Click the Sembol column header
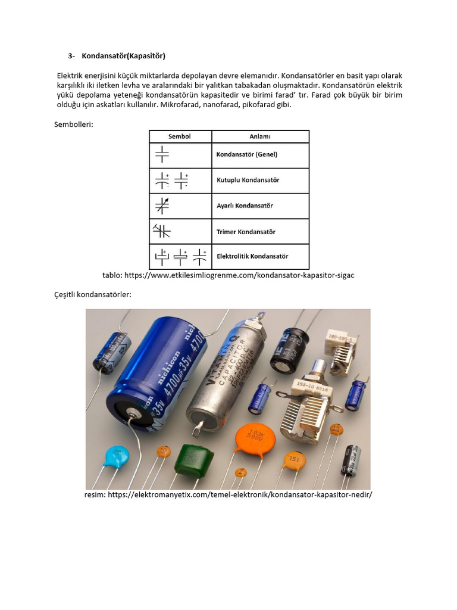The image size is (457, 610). tap(179, 136)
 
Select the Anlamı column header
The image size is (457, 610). tap(259, 136)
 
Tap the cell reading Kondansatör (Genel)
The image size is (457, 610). tap(247, 154)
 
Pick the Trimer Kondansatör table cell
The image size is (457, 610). tap(246, 232)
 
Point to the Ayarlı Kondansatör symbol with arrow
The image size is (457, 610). tap(162, 206)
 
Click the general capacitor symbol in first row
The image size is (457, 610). tap(162, 155)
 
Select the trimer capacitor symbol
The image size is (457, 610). tap(162, 231)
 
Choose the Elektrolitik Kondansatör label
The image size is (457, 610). tap(252, 256)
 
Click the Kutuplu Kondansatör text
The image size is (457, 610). tap(248, 180)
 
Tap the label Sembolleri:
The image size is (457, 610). tap(74, 124)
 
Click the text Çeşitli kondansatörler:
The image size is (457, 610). tap(92, 295)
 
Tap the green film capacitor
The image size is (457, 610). tap(193, 457)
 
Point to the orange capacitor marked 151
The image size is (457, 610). tap(293, 459)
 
